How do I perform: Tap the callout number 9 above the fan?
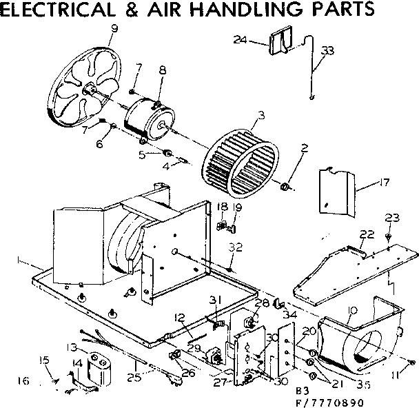tap(114, 28)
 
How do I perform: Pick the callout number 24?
tap(240, 41)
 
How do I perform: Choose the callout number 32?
tap(236, 246)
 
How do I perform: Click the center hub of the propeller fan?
tap(90, 88)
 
